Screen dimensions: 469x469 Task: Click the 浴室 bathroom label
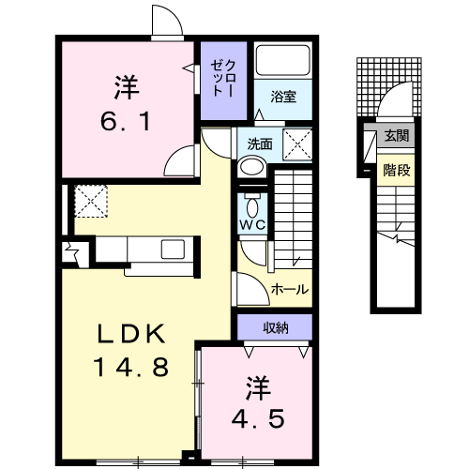coord(283,97)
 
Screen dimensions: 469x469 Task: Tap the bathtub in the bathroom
coord(283,60)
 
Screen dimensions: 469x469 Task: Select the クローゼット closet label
coord(223,78)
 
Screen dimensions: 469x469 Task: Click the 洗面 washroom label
coord(260,144)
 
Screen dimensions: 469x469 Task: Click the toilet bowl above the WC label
coord(252,206)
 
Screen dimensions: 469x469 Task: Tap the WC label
coord(252,224)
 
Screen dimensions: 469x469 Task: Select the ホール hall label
coord(290,289)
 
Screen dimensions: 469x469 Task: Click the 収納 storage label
coord(275,327)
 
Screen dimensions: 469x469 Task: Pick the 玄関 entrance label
coord(397,135)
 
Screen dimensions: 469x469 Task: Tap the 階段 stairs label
coord(397,170)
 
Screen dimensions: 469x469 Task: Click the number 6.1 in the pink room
coord(126,122)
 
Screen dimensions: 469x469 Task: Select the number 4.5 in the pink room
coord(258,418)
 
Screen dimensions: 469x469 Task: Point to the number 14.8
coord(130,367)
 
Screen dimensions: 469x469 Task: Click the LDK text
coord(131,334)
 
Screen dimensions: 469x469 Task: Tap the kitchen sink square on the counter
coord(173,250)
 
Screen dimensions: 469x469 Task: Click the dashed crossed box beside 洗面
coord(297,144)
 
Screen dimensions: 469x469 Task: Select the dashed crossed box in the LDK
coord(91,201)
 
